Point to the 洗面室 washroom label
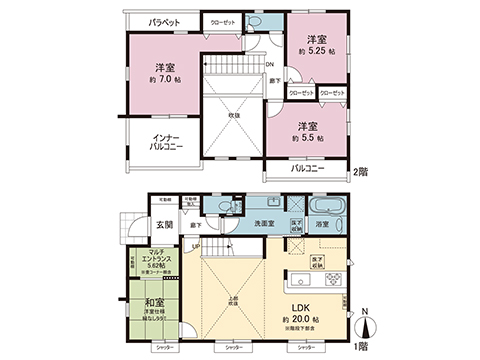(x=265, y=223)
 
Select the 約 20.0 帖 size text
(x=305, y=321)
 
